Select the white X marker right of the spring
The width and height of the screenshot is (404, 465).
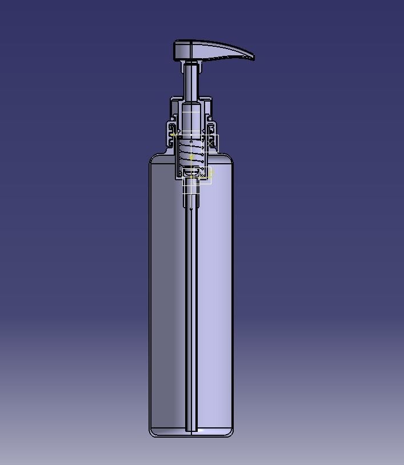pyautogui.click(x=213, y=143)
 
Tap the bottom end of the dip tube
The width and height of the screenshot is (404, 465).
pyautogui.click(x=191, y=428)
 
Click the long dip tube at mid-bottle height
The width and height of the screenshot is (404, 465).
pyautogui.click(x=191, y=297)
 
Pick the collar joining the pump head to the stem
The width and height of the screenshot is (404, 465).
pyautogui.click(x=190, y=63)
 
